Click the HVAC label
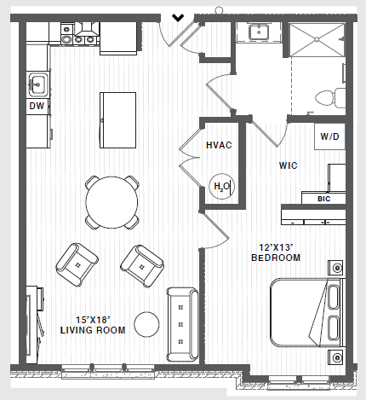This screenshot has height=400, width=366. (x=220, y=145)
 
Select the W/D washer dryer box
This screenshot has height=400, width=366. (x=331, y=136)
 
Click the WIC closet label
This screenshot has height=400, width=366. (x=288, y=165)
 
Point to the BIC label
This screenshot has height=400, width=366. (x=323, y=199)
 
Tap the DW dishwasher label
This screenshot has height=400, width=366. (x=36, y=107)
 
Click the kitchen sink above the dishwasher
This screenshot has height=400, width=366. (x=37, y=84)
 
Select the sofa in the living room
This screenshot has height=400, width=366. (x=181, y=324)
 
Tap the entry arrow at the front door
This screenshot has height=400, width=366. (x=179, y=16)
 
